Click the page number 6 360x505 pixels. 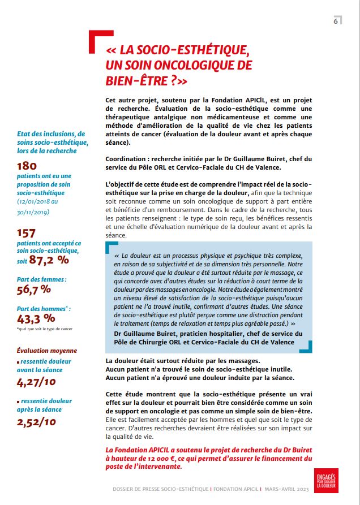pos(336,21)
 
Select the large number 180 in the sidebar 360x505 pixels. pos(27,166)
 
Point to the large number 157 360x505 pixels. pos(27,232)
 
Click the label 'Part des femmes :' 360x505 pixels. pos(42,279)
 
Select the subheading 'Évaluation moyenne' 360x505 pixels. pos(47,351)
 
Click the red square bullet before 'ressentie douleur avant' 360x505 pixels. pos(18,361)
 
